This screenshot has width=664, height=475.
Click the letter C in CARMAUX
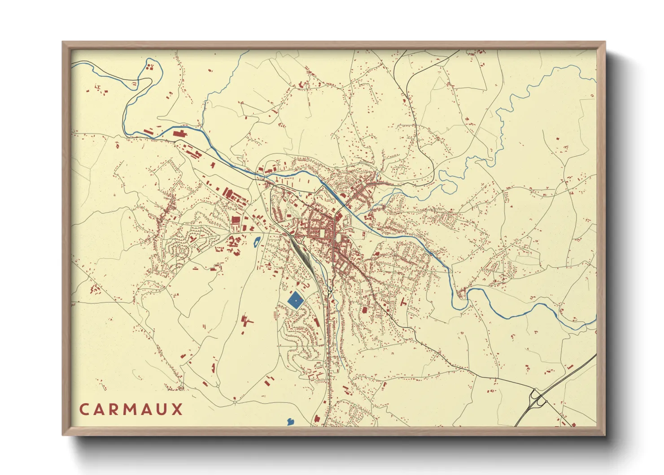pyautogui.click(x=84, y=409)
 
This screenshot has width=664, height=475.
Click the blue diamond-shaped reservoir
pyautogui.click(x=295, y=299)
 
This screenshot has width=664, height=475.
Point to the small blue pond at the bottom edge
pyautogui.click(x=290, y=422)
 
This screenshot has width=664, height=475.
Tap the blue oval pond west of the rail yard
pyautogui.click(x=256, y=242)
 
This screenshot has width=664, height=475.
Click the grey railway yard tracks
pyautogui.click(x=301, y=254)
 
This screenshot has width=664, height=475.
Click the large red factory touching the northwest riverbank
pyautogui.click(x=179, y=133)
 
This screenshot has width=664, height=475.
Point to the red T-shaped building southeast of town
pyautogui.click(x=402, y=303)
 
